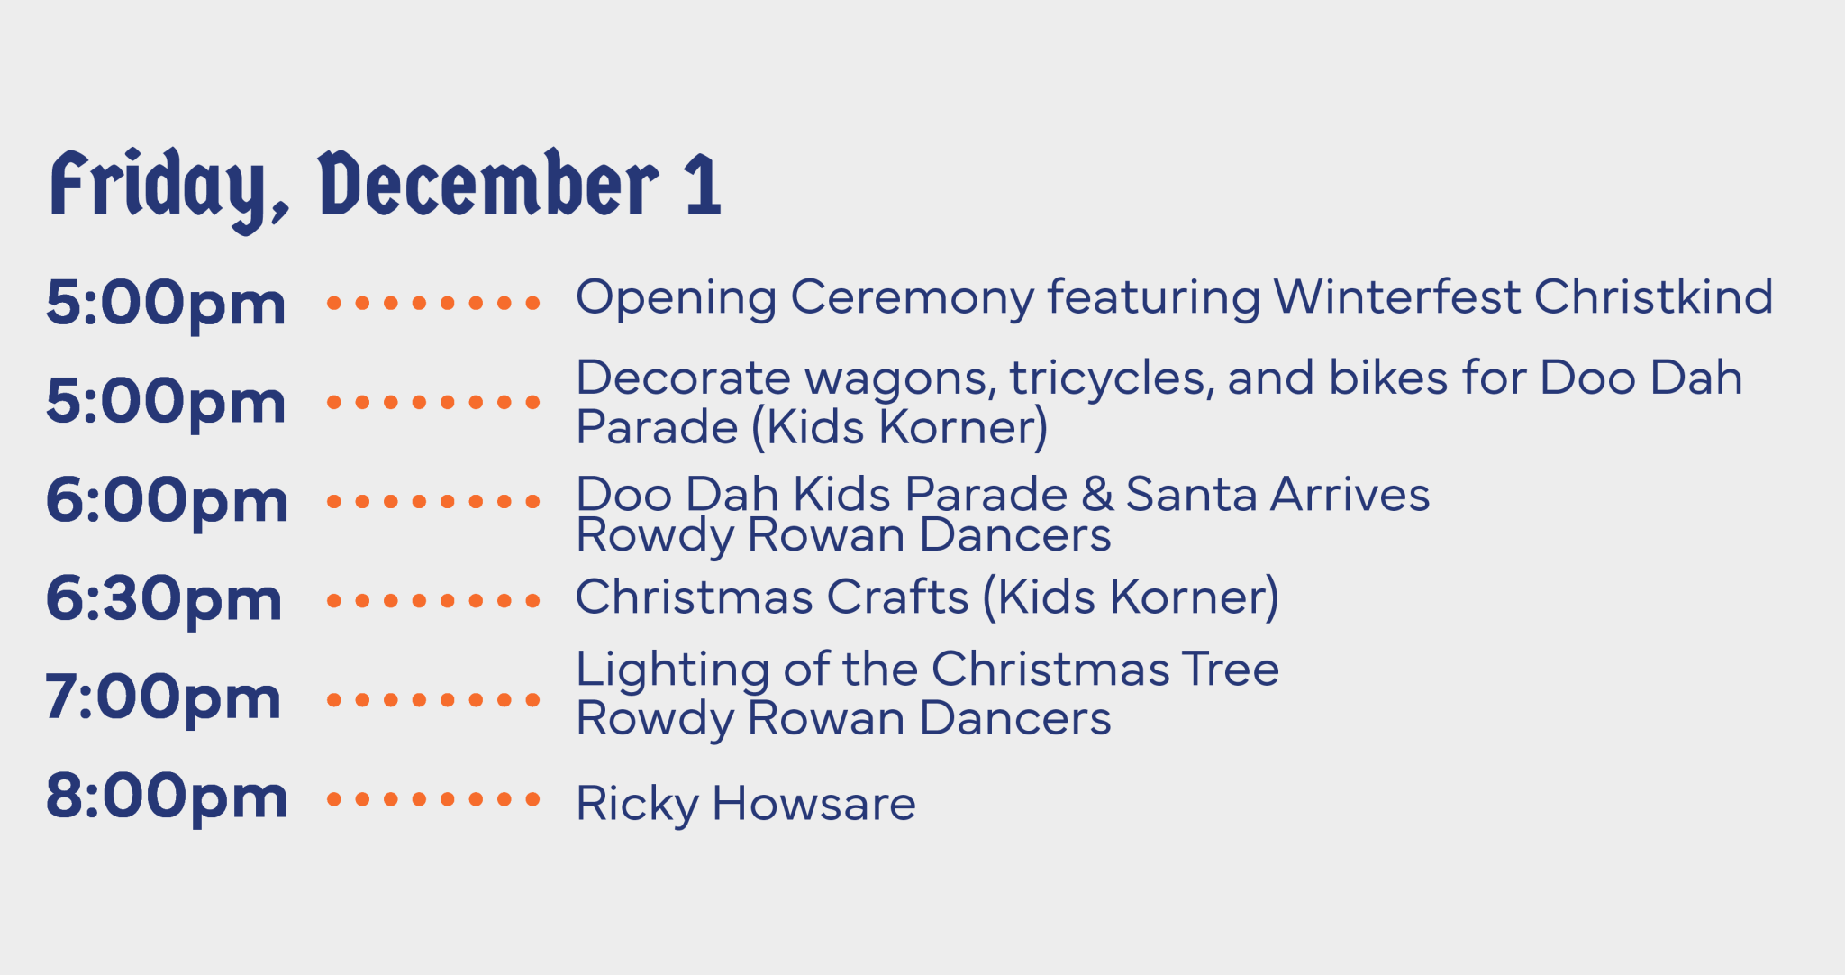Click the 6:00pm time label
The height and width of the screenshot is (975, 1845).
[x=167, y=501]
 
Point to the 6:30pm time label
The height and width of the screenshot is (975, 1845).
[x=164, y=600]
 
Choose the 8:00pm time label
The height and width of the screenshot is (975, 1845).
[x=167, y=797]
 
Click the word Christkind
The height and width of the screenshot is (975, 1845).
[x=1653, y=297]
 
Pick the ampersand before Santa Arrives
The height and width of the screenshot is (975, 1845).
[x=1096, y=495]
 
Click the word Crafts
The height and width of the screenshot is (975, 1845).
[x=897, y=597]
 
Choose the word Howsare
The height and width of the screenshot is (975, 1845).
[x=813, y=804]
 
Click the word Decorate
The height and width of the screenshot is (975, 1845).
[x=682, y=378]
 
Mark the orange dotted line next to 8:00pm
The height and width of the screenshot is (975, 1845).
[x=432, y=798]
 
